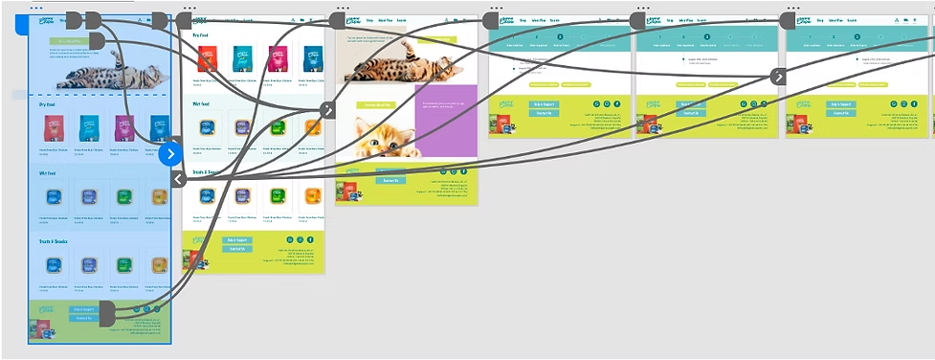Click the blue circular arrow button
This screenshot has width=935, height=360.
point(170,153)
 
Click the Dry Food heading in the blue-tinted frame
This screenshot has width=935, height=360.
point(50,104)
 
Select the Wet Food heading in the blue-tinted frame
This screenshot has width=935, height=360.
point(50,174)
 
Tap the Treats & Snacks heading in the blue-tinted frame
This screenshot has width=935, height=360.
point(56,241)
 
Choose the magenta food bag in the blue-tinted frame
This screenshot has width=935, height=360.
point(123,128)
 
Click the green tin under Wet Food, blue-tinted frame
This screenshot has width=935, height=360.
point(123,197)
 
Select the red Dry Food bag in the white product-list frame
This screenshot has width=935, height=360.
point(204,57)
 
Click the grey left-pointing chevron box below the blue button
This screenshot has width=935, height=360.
point(178,178)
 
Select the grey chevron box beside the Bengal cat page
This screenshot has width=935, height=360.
point(327,110)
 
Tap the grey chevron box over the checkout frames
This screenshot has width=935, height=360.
point(779,78)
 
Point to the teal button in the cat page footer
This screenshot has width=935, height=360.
point(390,180)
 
